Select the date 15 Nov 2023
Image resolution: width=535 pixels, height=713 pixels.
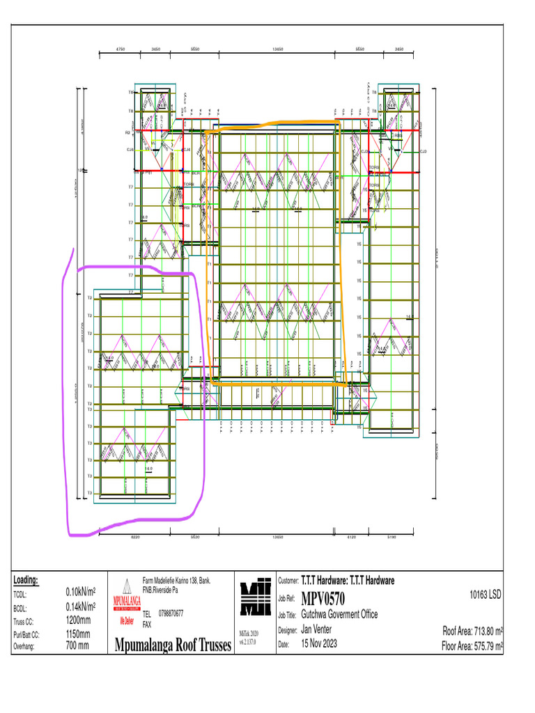pos(319,644)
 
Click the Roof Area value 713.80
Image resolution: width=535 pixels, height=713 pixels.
pos(483,631)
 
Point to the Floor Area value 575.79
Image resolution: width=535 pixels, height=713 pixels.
pos(483,645)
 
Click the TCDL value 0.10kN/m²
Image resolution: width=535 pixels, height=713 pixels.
pos(80,592)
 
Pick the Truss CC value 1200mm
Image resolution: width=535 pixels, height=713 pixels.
pos(78,620)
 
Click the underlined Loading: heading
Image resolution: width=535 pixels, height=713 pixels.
pos(26,580)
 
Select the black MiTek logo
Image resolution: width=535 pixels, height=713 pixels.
pos(254,597)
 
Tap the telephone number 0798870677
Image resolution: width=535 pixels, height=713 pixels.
pos(171,613)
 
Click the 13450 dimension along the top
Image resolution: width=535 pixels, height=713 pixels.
pos(277,49)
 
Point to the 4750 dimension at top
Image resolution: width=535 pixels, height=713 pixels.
pos(119,49)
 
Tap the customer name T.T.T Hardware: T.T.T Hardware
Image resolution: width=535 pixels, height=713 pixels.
pos(347,581)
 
